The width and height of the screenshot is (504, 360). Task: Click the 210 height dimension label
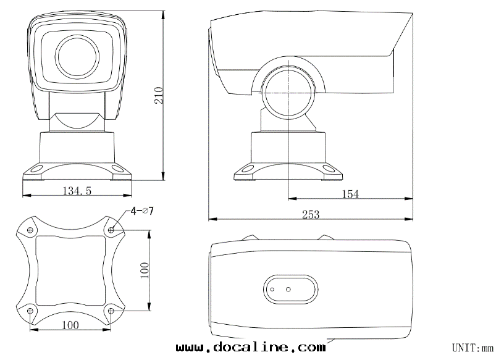(159, 95)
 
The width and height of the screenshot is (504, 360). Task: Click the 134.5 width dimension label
(77, 191)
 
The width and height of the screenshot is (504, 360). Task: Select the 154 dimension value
(350, 194)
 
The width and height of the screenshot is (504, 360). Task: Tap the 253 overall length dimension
(311, 214)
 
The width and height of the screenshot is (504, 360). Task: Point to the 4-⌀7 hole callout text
(142, 211)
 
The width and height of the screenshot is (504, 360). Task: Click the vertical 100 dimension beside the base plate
(145, 270)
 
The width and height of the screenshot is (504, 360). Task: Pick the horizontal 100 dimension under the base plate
(70, 325)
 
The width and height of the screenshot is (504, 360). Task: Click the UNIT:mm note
(472, 348)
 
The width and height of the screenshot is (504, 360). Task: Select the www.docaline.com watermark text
(251, 347)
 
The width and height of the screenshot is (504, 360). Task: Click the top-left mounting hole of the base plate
(31, 230)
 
